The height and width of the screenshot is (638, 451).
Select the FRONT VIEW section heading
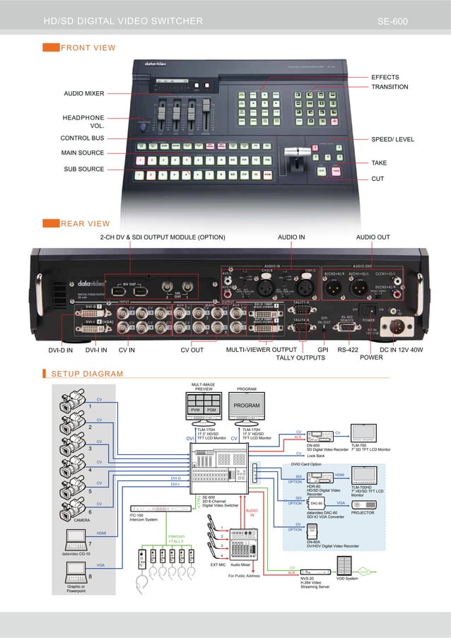pos(88,48)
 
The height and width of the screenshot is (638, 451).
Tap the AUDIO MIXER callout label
pos(84,93)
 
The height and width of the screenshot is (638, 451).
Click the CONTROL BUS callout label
pos(82,138)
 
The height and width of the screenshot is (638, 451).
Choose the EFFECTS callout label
pos(385,77)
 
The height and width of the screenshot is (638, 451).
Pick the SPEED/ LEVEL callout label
pos(392,140)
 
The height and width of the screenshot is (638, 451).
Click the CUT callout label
pos(377,179)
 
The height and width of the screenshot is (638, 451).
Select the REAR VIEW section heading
pos(85,224)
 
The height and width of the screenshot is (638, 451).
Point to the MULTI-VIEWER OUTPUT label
pos(261,349)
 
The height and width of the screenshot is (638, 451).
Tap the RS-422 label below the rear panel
pos(348,349)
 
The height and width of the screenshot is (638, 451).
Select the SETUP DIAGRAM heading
pos(87,374)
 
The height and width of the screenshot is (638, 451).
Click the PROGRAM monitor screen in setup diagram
pos(247,406)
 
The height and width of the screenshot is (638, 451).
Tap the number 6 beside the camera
pos(90,511)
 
